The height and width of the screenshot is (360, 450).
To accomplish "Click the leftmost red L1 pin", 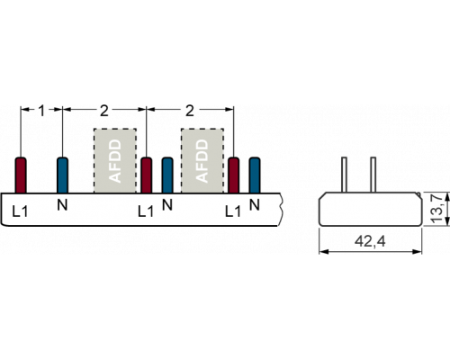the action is tap(21, 175).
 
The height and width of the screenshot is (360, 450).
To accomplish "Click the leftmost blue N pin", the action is tap(62, 175).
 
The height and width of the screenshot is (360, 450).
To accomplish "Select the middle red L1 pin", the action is tap(147, 175).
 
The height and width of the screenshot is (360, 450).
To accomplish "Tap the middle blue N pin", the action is tap(167, 175).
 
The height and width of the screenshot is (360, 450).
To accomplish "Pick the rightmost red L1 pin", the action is tap(234, 175).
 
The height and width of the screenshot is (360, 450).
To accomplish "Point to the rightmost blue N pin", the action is tap(255, 175).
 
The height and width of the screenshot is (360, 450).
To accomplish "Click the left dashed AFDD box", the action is tap(115, 161).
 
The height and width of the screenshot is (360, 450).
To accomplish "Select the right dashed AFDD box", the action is tap(202, 161).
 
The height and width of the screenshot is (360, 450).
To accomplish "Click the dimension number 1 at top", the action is tap(41, 111).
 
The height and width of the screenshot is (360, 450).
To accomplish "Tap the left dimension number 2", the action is tap(103, 111).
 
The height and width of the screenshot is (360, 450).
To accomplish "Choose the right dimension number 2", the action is tap(190, 111).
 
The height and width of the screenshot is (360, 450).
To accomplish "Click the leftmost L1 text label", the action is tap(20, 211).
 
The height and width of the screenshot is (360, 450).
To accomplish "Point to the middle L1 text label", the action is tap(146, 211).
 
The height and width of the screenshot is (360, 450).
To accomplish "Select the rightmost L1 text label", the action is tap(233, 211).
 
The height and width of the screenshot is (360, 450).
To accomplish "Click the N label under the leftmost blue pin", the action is tap(62, 205).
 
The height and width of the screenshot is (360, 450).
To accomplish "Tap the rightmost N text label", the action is tap(255, 205).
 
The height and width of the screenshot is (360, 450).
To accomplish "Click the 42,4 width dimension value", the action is tap(370, 241).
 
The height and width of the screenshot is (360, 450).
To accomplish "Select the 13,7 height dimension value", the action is tap(436, 209).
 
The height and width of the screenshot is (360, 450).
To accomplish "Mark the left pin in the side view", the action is tap(345, 175).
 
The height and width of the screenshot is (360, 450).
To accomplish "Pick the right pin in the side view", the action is tap(373, 175).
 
